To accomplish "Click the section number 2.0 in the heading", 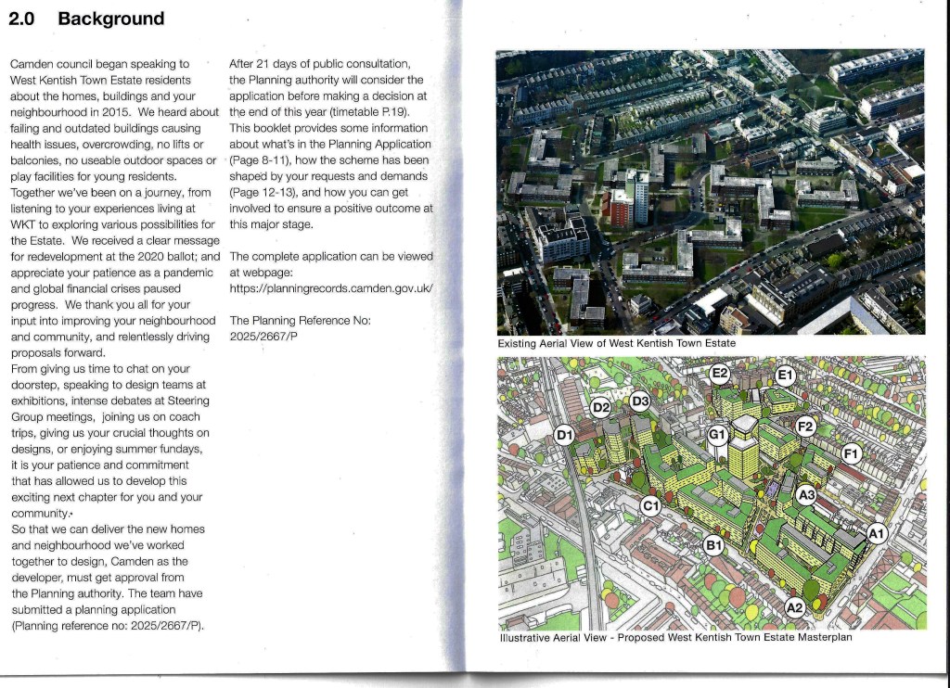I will click(x=21, y=19).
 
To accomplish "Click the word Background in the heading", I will click(x=110, y=19).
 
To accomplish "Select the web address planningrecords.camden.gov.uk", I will click(x=331, y=288).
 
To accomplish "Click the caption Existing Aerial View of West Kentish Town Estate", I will click(x=617, y=344).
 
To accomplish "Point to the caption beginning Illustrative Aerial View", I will click(x=674, y=638).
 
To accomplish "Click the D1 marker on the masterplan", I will click(x=565, y=435).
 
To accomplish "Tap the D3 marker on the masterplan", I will click(x=640, y=401).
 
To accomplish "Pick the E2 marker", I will click(x=720, y=374).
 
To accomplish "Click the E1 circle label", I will click(x=785, y=375).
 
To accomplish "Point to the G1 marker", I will click(x=718, y=434).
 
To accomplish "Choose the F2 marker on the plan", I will click(x=805, y=427).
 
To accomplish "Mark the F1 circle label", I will click(x=852, y=452).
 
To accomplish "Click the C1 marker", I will click(x=650, y=505).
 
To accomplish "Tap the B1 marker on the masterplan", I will click(x=713, y=546).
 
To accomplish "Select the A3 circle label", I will click(x=806, y=495).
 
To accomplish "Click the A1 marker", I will click(x=877, y=532).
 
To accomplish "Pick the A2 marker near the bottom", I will click(x=794, y=607).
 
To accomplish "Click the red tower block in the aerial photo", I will click(x=620, y=207).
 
